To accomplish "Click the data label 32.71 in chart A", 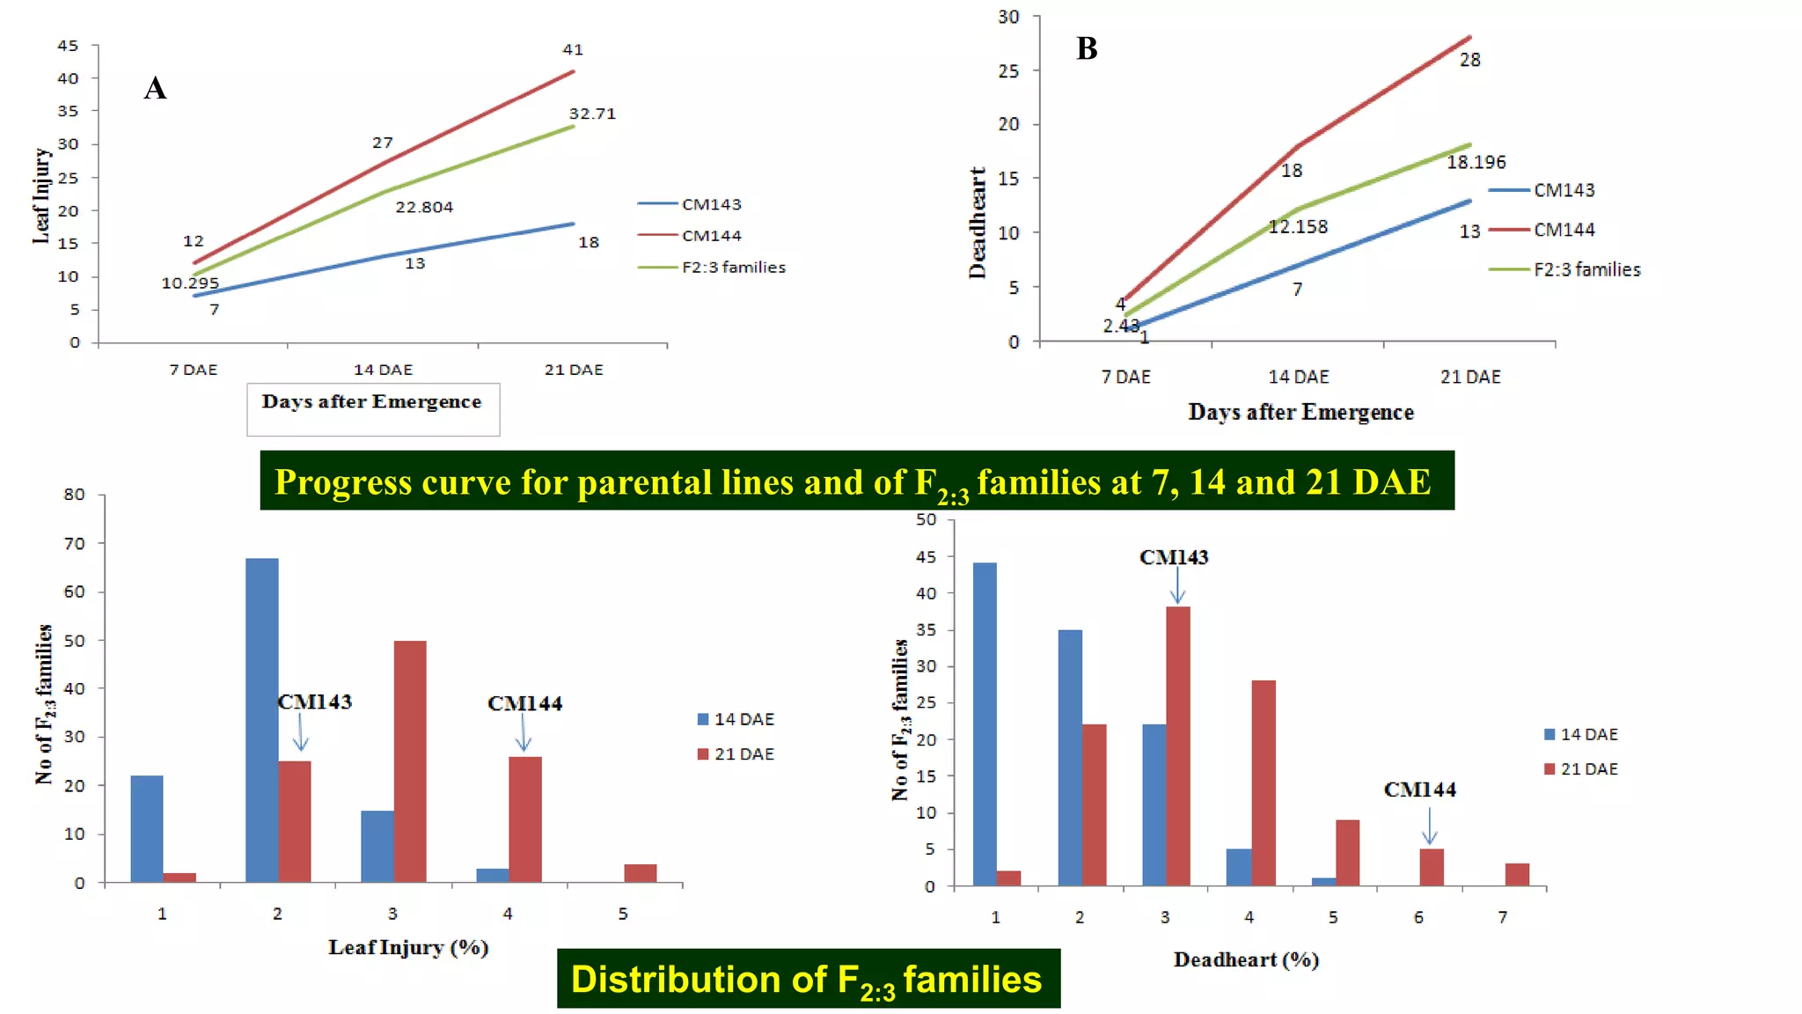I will click(592, 114).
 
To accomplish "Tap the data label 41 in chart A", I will click(573, 50).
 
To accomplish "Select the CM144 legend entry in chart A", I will click(711, 236).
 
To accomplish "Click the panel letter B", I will click(1087, 48).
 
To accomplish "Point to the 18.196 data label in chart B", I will click(1476, 162).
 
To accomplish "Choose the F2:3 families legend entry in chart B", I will click(1586, 269).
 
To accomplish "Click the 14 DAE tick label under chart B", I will click(1298, 377).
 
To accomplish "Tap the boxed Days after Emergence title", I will click(371, 402).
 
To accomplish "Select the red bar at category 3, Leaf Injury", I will click(410, 761).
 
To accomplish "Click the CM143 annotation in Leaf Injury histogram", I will click(314, 702).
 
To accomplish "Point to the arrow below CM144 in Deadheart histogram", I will click(1429, 827).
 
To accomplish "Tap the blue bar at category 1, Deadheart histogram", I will click(985, 724).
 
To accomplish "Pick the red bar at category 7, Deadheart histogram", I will click(1516, 875).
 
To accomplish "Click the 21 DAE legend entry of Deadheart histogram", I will click(1588, 769).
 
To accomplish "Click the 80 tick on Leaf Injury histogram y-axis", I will click(75, 495).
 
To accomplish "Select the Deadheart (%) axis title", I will click(1246, 959).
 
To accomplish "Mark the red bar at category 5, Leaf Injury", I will click(641, 873).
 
